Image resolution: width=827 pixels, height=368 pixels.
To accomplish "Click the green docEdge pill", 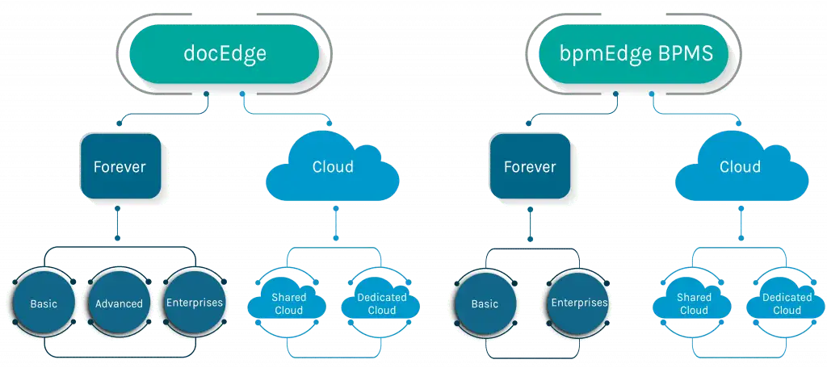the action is pos(225,53).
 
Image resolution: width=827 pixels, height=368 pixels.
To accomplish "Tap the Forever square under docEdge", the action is pos(120,166).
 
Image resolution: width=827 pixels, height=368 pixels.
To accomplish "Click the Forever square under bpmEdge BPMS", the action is pos(530,166).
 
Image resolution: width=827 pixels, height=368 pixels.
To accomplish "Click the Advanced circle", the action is pos(119,303).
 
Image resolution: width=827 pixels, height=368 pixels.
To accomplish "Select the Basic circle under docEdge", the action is pos(44,303).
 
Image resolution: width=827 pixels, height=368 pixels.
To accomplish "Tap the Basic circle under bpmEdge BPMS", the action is pos(485,303).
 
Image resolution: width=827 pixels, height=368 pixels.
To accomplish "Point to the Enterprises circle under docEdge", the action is pos(195,303).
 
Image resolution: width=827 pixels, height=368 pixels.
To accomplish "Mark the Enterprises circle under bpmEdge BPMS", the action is pos(578,303).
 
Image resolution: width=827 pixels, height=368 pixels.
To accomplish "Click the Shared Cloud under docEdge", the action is pos(288,303).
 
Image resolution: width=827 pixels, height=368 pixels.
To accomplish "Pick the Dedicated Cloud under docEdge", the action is pos(381,303).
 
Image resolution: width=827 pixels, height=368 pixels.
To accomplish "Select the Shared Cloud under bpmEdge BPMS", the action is pos(692,303).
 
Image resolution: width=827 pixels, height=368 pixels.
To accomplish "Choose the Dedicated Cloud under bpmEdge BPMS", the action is pos(786,303).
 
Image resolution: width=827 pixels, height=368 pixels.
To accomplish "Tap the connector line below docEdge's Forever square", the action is pos(118,223).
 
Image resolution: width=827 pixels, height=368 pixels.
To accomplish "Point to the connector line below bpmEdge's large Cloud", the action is pos(741,223).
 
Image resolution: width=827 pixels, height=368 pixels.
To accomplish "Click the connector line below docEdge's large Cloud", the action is pos(335,223).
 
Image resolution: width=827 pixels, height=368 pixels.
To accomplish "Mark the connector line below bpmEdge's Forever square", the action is pos(530,223).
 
